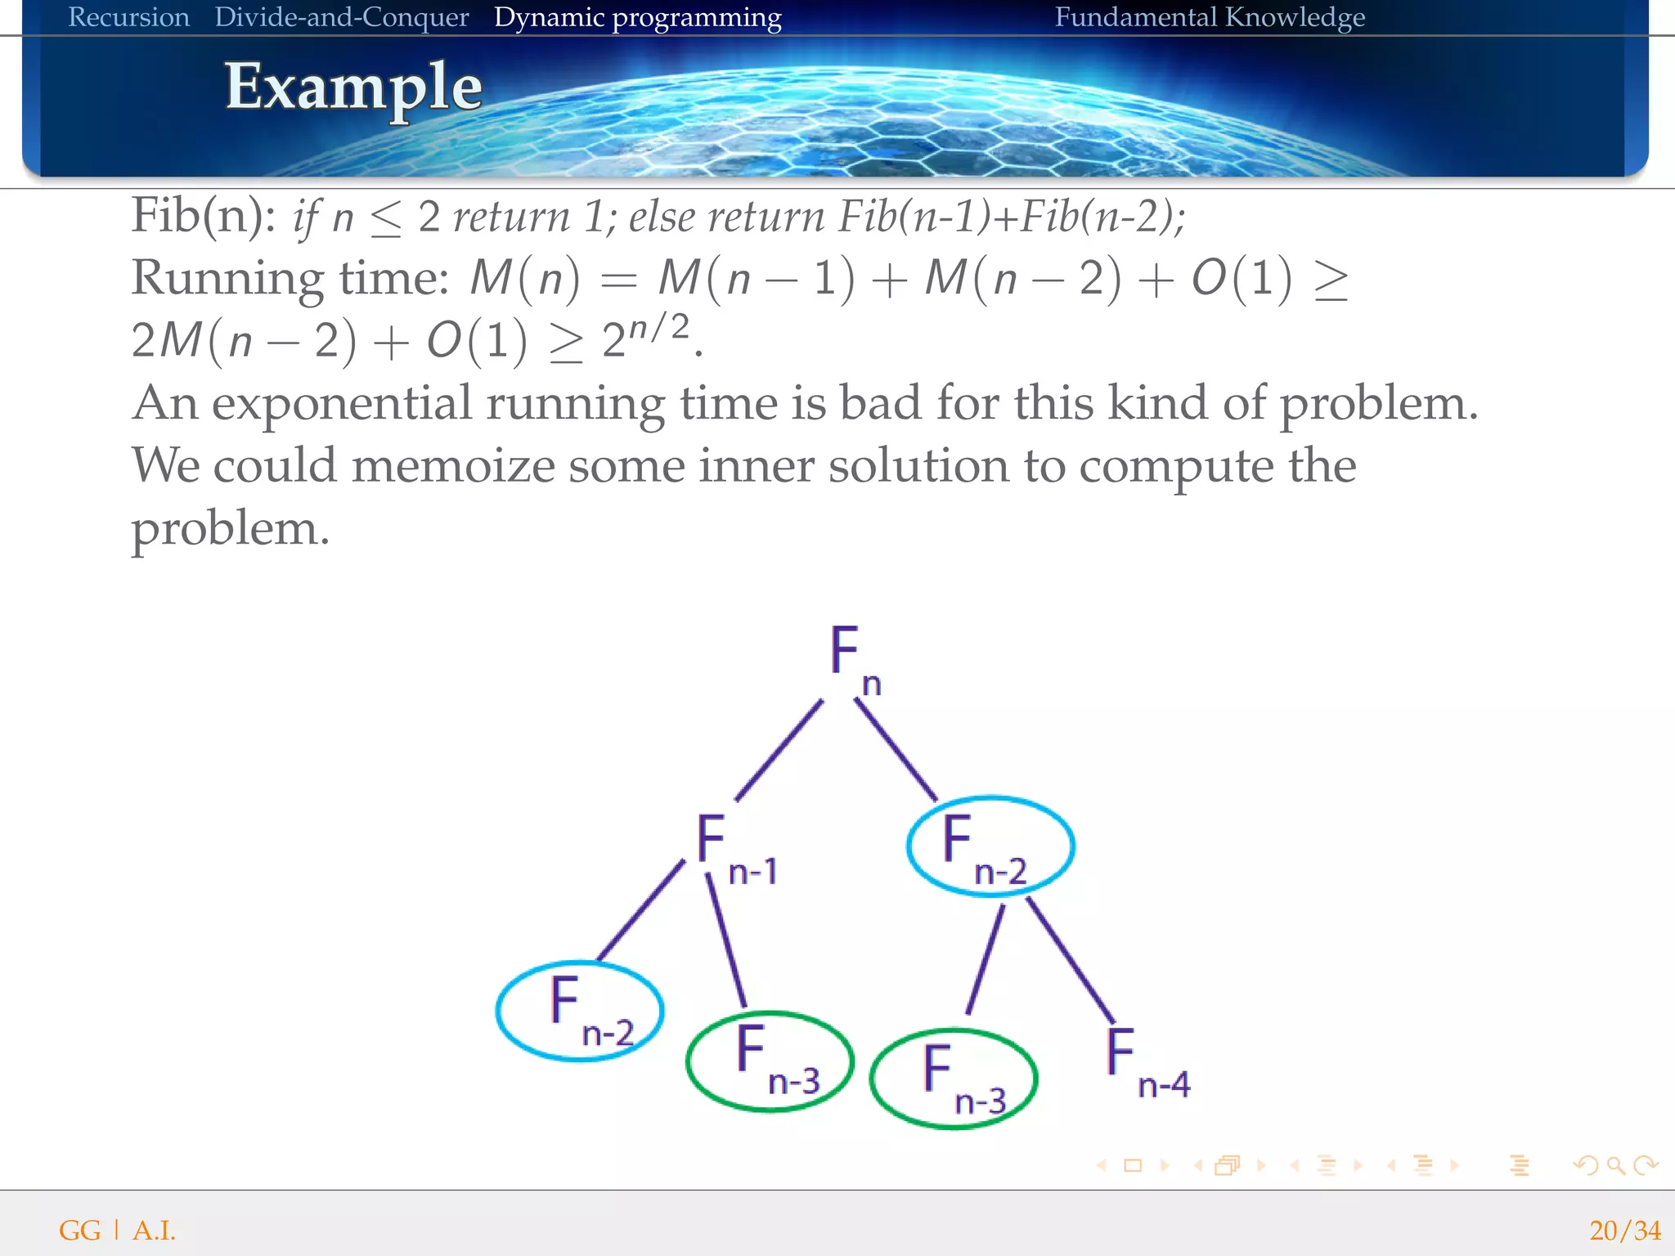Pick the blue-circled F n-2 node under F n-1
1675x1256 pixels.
click(580, 1011)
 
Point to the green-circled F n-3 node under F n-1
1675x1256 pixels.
click(770, 1061)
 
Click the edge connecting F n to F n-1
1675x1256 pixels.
click(779, 749)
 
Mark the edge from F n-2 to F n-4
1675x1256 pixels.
click(1070, 959)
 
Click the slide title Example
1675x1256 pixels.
click(353, 87)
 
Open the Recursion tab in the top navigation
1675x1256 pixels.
click(128, 17)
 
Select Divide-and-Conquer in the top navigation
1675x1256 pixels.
click(341, 17)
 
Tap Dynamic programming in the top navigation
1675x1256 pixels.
click(637, 17)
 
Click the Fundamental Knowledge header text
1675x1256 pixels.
click(1209, 17)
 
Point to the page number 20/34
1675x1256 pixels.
click(1624, 1230)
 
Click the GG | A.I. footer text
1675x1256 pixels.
click(117, 1230)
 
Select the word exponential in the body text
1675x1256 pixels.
click(342, 403)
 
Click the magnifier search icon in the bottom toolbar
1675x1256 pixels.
click(1615, 1165)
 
